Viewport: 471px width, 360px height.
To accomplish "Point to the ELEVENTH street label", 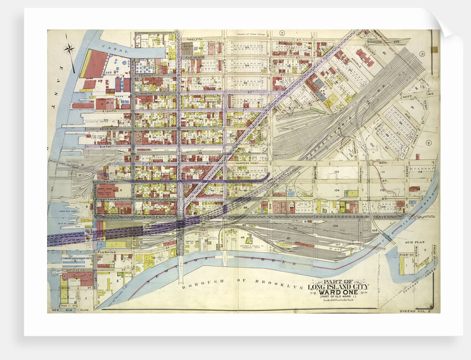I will (194, 57).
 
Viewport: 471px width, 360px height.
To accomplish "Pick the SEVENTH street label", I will (108, 128).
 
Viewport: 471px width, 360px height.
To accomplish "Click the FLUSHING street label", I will (106, 252).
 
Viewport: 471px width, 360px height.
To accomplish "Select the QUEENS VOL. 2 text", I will (414, 311).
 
